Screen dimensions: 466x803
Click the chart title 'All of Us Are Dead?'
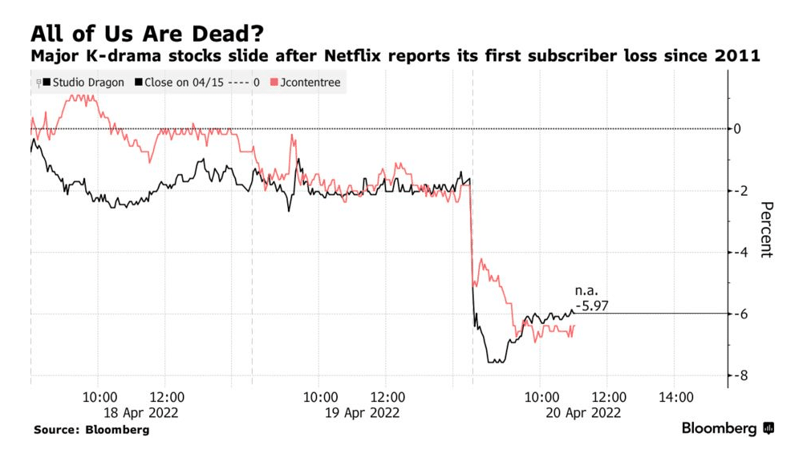148,34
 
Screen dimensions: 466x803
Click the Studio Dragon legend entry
85,83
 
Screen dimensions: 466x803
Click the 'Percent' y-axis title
766,229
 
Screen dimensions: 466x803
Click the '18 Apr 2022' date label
131,413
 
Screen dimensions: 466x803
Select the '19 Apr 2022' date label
351,413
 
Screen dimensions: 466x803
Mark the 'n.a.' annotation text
586,290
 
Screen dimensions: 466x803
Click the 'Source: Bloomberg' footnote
91,431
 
